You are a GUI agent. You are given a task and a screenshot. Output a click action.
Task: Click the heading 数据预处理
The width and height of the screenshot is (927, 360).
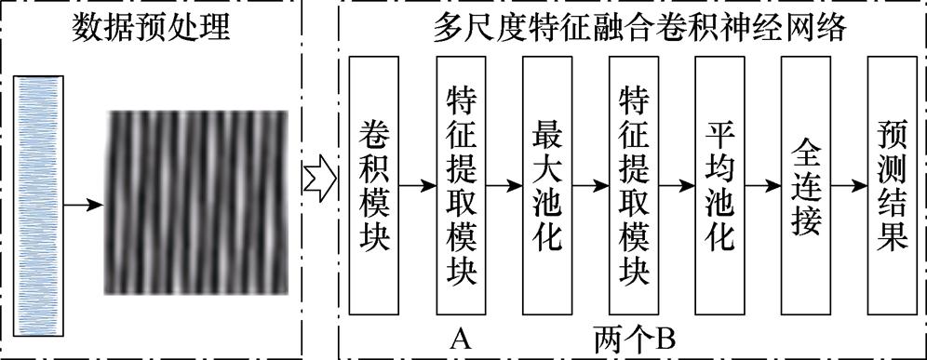[x=150, y=30]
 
